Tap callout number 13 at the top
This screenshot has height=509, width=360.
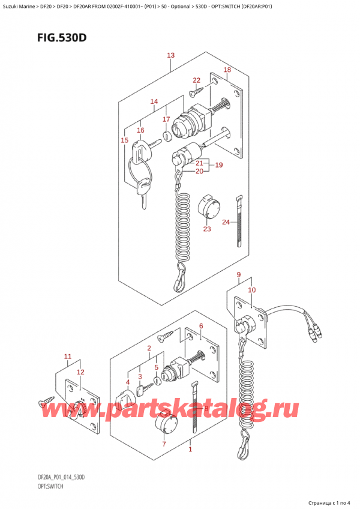[x=171, y=56]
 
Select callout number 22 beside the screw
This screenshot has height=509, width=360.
[x=196, y=80]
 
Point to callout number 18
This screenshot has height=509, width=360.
[x=227, y=71]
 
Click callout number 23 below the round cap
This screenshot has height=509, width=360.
[x=207, y=228]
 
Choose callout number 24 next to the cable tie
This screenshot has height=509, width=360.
[x=226, y=223]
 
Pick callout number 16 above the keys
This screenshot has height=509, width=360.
[x=140, y=130]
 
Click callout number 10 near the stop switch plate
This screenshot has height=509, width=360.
[x=252, y=291]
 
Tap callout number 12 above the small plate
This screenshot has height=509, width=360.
[x=80, y=372]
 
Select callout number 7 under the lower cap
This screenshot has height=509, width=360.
[x=164, y=444]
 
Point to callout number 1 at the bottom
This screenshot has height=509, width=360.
[x=190, y=449]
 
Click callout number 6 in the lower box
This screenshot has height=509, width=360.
[x=201, y=326]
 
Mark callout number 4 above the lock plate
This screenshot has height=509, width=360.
[x=127, y=382]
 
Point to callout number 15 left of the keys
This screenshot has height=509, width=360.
[x=125, y=140]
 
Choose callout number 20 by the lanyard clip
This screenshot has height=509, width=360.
[x=199, y=171]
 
